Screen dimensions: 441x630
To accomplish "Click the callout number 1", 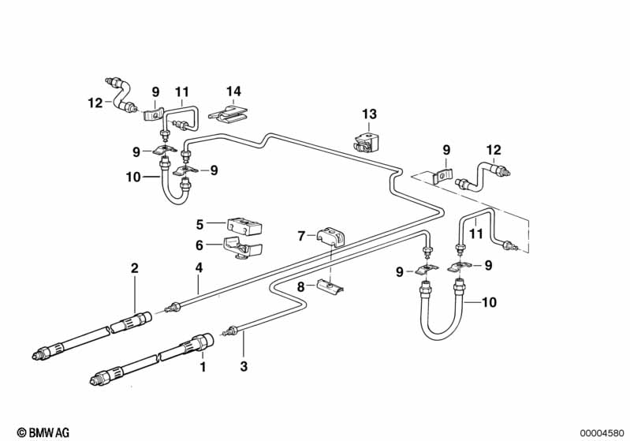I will point(203,366).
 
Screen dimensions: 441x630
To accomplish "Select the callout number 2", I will point(135,268).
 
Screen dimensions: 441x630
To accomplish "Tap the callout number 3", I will point(244,366).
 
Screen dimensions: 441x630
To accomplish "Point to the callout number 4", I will point(198,268).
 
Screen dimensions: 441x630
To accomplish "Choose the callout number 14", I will point(233,92).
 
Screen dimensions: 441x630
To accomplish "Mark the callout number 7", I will point(300,235).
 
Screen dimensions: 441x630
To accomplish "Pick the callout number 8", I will point(300,288).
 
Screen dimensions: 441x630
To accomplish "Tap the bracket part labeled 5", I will point(244,226).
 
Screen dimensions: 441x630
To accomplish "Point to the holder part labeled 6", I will point(242,249).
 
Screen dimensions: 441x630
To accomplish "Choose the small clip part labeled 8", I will point(333,286).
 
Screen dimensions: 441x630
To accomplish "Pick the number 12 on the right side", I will point(494,150).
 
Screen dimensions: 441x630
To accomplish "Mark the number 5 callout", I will point(200,224).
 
